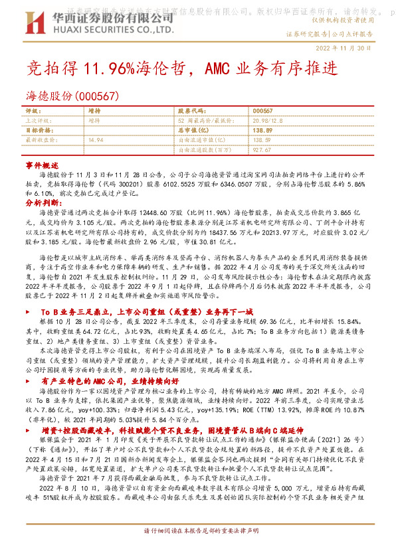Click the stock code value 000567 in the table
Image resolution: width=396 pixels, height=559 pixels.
pyautogui.click(x=263, y=110)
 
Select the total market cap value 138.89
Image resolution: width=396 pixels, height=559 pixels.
pyautogui.click(x=264, y=130)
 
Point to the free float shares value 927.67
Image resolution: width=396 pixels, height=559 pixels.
pyautogui.click(x=262, y=150)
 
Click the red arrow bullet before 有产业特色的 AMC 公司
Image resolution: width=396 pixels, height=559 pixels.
pyautogui.click(x=27, y=382)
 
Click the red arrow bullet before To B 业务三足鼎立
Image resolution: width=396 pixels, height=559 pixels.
pyautogui.click(x=27, y=311)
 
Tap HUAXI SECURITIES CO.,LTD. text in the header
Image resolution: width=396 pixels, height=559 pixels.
pyautogui.click(x=107, y=30)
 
